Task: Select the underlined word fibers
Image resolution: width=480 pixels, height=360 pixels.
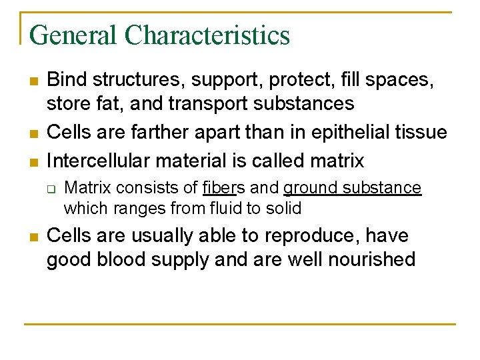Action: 223,188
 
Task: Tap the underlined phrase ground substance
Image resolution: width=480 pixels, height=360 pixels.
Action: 352,188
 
